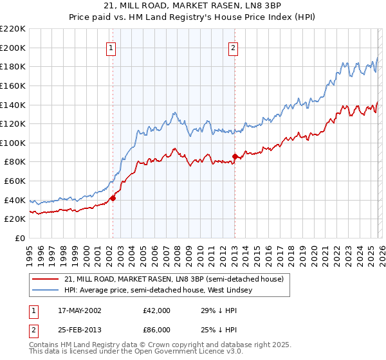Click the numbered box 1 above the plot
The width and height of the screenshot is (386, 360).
[x=112, y=47]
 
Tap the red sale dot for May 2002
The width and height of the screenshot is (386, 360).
[x=113, y=198]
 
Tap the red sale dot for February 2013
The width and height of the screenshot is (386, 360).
[x=235, y=156]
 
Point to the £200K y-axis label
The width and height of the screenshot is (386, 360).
[x=13, y=48]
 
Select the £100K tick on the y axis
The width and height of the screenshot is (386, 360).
[x=13, y=143]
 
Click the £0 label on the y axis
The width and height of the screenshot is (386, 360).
[x=19, y=238]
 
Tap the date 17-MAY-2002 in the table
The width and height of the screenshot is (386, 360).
[x=76, y=310]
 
